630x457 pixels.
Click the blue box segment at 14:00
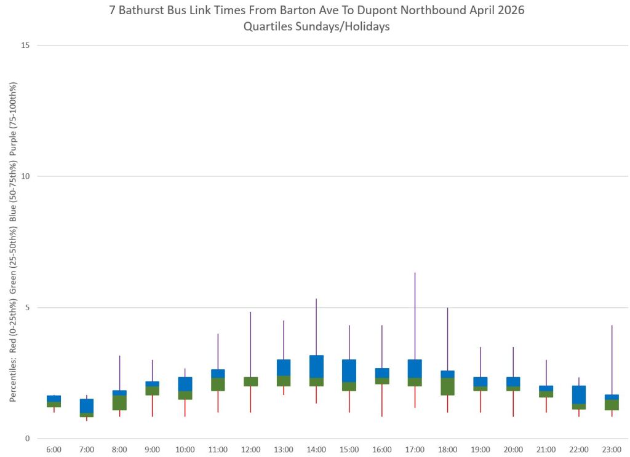coord(316,366)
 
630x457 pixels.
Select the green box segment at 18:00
coord(448,386)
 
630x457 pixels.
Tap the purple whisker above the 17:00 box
coord(415,316)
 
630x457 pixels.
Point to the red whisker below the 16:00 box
coord(381,400)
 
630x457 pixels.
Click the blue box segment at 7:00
coord(87,405)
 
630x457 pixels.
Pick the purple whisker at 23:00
coord(612,359)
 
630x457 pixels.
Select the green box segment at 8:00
coord(119,402)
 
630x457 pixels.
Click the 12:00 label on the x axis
coord(251,450)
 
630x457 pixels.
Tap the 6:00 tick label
coord(54,450)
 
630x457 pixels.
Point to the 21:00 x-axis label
coord(546,450)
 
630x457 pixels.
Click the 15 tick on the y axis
coord(25,45)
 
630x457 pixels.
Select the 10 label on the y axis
coord(25,176)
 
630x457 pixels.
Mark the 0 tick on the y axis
coord(27,439)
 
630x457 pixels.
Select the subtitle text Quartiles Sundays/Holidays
coord(317,27)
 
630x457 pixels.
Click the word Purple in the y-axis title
coord(14,143)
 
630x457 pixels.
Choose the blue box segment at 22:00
coord(579,394)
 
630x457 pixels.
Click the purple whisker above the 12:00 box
coord(251,344)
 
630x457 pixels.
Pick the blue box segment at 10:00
coord(185,384)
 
